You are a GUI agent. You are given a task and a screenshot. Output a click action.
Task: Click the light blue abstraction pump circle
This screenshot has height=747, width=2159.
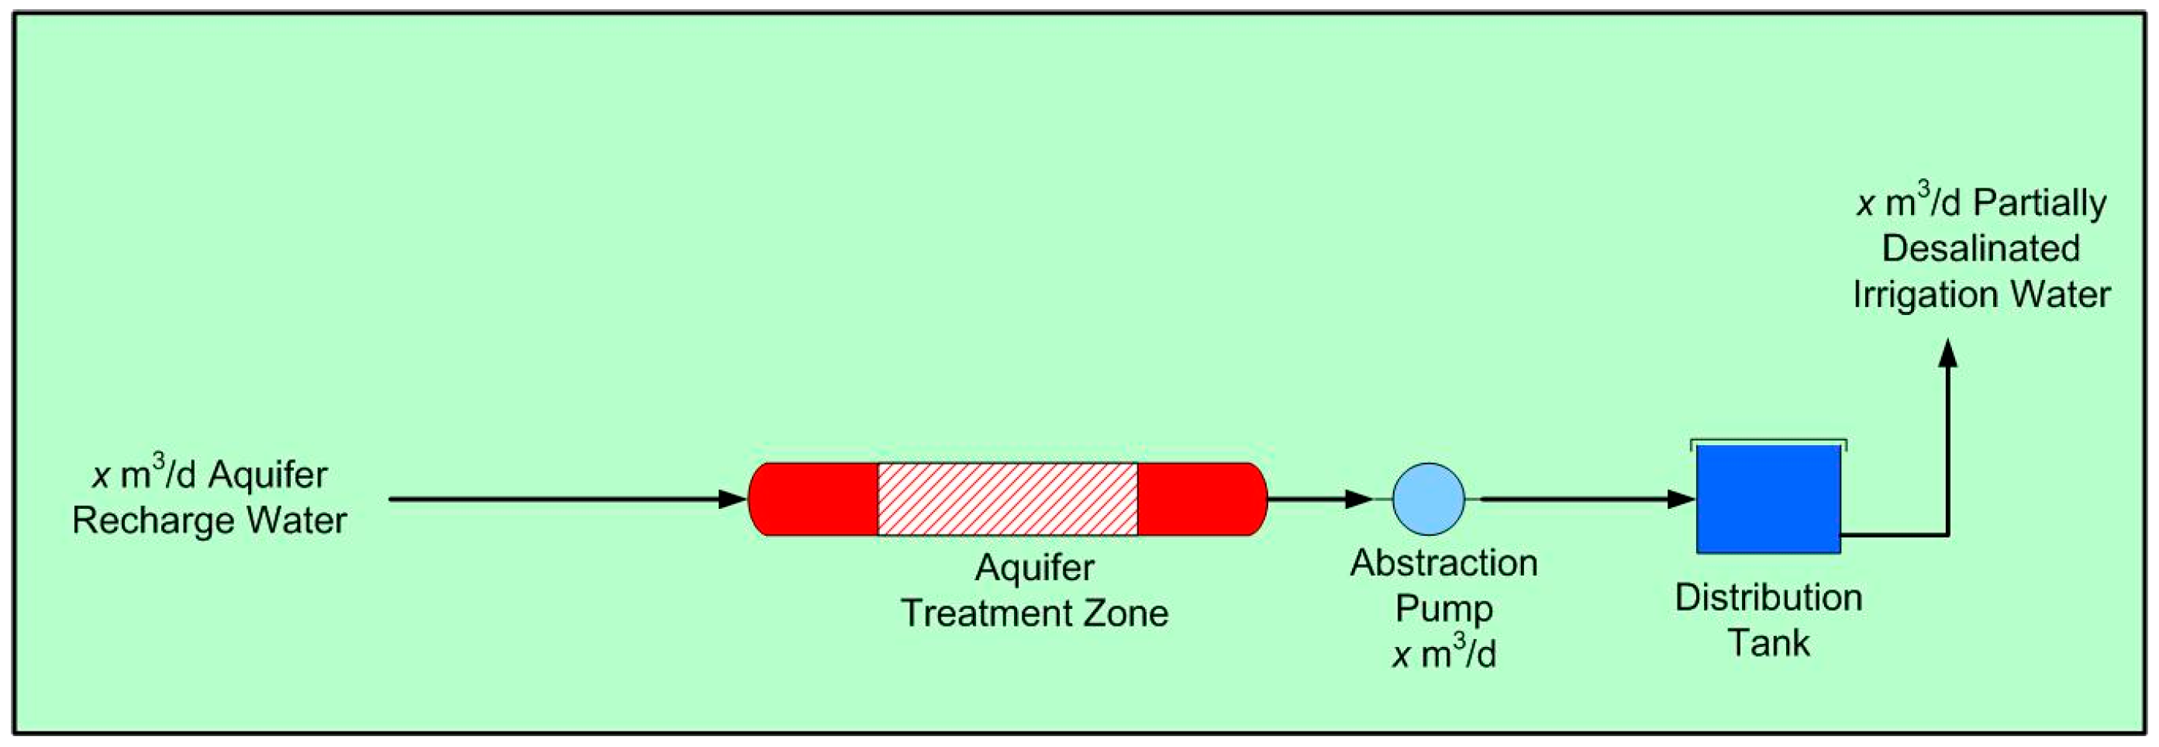point(1428,499)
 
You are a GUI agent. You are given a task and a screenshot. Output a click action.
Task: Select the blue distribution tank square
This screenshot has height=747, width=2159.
point(1768,499)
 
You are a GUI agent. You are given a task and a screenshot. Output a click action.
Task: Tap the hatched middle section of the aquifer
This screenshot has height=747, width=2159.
point(1008,499)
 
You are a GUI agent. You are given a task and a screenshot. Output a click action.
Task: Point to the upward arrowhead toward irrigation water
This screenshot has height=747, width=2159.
point(1949,353)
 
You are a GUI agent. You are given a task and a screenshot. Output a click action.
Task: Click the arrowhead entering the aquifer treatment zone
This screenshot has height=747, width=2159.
point(733,499)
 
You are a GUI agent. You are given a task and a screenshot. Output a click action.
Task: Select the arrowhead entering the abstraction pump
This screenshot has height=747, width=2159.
point(1357,499)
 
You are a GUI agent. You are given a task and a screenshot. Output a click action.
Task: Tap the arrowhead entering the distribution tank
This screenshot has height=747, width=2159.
point(1681,499)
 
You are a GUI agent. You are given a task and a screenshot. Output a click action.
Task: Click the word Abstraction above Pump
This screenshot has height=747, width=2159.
point(1444,562)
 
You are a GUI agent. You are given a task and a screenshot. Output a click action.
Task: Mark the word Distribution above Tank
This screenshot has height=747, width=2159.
point(1768,598)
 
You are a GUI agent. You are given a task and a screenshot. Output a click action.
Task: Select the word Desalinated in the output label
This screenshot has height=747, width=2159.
point(1981,248)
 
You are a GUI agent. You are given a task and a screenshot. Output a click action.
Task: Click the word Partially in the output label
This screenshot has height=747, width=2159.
point(2039,203)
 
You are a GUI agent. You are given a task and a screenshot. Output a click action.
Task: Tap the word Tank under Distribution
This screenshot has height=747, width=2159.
point(1768,643)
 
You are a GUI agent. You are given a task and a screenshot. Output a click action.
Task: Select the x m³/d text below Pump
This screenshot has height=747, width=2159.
point(1444,653)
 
